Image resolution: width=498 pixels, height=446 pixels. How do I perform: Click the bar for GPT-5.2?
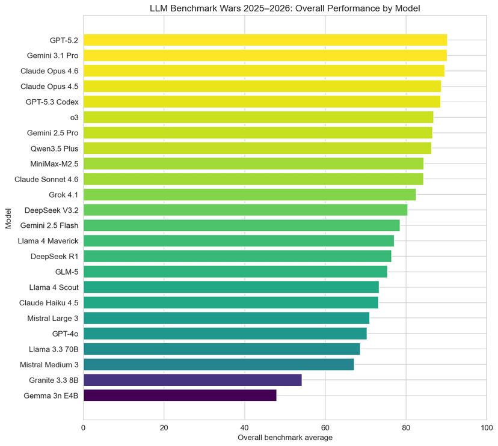[x=265, y=40]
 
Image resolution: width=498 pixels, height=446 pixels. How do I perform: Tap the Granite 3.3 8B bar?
[x=192, y=380]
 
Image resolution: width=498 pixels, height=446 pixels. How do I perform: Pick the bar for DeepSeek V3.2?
[x=245, y=210]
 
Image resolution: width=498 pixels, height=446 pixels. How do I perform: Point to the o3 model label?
[x=74, y=117]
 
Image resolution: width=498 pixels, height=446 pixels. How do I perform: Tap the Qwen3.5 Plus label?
[x=54, y=148]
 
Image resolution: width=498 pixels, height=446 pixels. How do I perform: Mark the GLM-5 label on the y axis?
[x=66, y=272]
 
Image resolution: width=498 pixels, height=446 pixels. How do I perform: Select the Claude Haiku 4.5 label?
[x=49, y=302]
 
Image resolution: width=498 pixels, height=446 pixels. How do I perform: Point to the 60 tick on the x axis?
[x=325, y=427]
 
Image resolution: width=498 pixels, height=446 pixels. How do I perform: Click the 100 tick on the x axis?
[x=486, y=427]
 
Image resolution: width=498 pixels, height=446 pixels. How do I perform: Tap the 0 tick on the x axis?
[x=84, y=427]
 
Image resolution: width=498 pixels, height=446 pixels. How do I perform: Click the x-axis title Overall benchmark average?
[x=284, y=438]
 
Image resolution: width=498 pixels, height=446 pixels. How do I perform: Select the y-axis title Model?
[x=8, y=217]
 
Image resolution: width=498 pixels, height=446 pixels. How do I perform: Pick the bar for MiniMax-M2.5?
[x=253, y=163]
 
